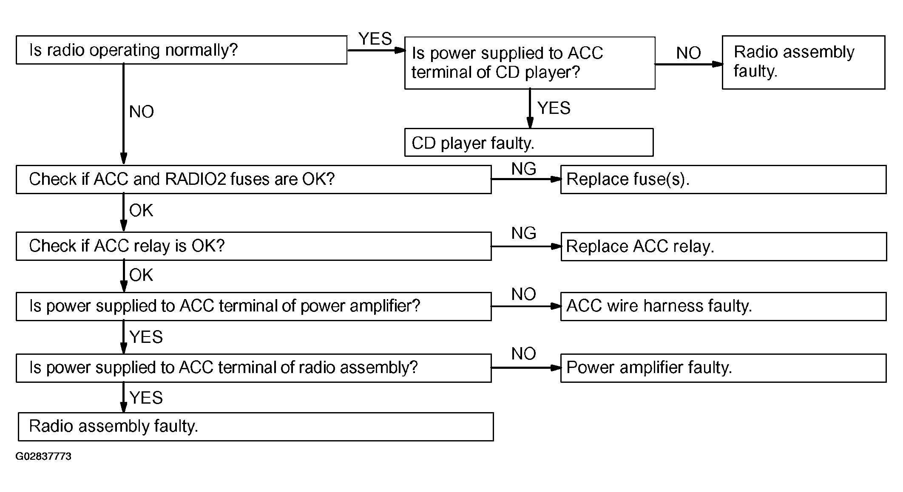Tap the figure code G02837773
pos(43,456)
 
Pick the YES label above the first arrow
pos(375,39)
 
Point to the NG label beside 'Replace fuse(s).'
pos(524,169)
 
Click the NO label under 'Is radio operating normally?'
pos(142,112)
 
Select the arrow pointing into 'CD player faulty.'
pos(530,108)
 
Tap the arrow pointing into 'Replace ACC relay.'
pos(526,246)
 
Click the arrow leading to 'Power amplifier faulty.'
pos(526,368)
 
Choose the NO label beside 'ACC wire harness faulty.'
pos(524,294)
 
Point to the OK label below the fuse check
pos(141,210)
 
